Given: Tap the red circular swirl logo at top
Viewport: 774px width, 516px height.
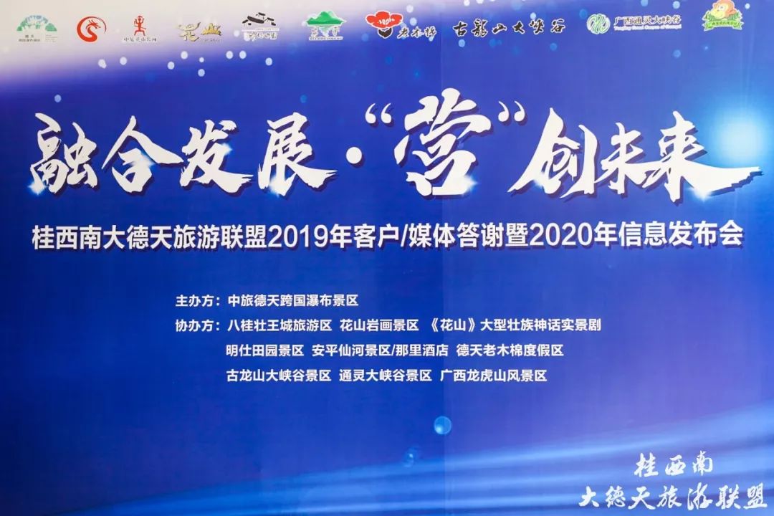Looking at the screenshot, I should point(91,27).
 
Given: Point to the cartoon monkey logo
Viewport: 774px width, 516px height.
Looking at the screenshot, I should point(722,17).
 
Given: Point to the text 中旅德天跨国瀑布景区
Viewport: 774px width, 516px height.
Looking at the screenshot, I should point(292,301).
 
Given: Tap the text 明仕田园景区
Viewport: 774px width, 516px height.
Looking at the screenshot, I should point(265,351).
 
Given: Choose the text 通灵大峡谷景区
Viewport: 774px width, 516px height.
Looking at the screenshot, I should point(386,376).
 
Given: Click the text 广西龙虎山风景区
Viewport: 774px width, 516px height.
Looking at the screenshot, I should point(494,376).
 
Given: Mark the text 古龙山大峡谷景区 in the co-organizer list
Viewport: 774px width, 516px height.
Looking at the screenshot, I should point(278,376).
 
